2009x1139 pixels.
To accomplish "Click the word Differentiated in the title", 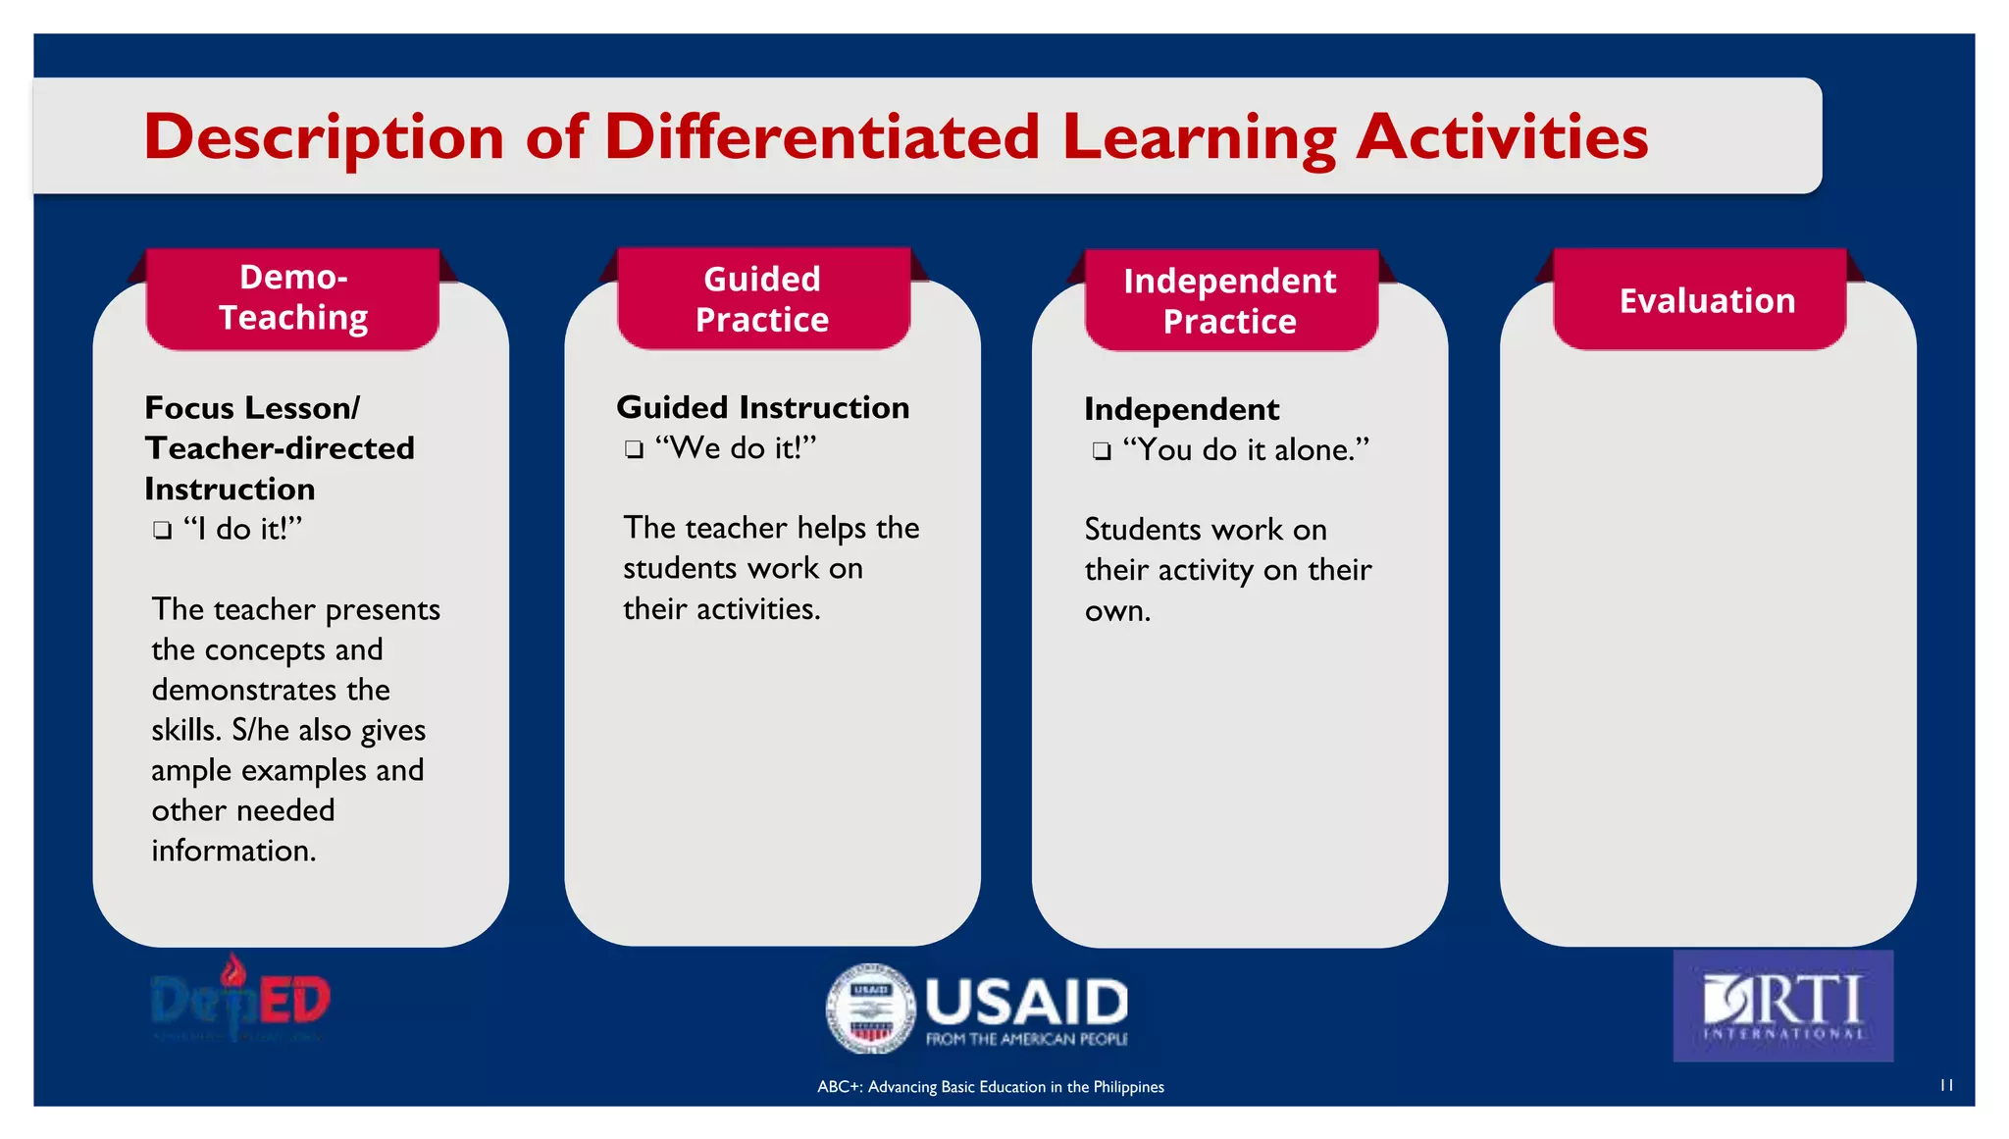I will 821,136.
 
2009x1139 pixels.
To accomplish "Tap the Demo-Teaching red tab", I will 292,298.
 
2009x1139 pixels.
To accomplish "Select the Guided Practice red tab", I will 762,299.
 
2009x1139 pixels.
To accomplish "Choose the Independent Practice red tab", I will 1230,300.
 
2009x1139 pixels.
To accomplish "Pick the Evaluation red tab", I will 1707,300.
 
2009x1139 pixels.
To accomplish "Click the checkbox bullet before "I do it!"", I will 163,531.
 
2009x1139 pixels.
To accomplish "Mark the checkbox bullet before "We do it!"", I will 635,450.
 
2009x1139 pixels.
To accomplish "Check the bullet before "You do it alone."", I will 1102,451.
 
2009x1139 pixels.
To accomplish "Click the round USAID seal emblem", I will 870,1009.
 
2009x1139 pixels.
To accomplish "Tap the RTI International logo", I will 1782,1006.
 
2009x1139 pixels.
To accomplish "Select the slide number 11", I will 1946,1085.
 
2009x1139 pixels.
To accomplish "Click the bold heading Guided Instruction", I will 762,407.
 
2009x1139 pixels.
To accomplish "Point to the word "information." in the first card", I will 233,851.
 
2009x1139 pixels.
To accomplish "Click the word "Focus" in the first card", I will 189,407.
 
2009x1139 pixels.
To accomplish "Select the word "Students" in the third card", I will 1142,530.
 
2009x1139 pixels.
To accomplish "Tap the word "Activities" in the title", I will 1502,136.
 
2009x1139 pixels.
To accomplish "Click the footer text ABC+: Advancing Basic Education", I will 990,1087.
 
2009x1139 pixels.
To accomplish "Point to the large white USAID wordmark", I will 1026,1003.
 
